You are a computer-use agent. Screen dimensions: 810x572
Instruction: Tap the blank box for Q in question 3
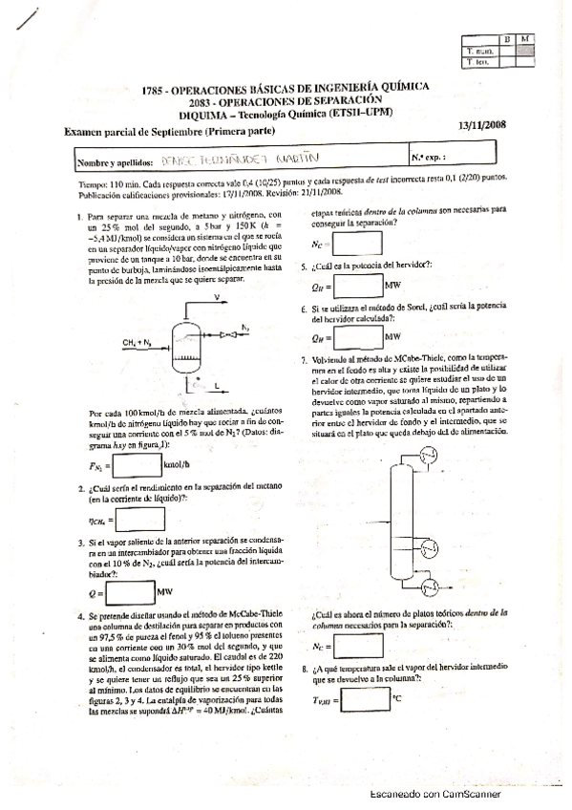pyautogui.click(x=129, y=592)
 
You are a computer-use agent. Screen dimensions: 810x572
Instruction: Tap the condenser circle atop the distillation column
pyautogui.click(x=430, y=455)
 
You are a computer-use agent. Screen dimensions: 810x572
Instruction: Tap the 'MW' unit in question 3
pyautogui.click(x=165, y=592)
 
